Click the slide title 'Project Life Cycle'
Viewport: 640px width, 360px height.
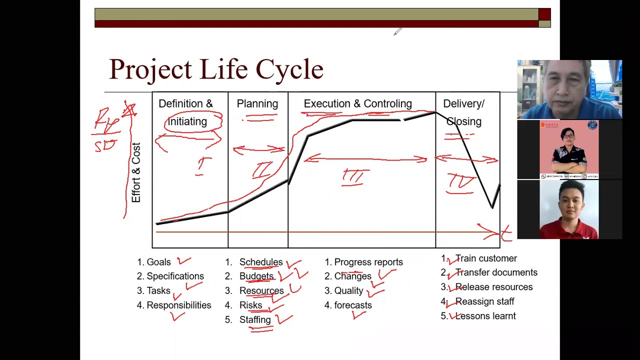[216, 69]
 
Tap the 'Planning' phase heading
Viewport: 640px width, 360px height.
[257, 104]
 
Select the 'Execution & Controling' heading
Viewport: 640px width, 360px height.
[357, 104]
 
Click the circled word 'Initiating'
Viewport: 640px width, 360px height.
[187, 121]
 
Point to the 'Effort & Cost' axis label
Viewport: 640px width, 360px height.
[136, 173]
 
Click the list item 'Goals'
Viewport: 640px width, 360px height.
[158, 262]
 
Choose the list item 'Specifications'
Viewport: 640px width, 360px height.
[175, 276]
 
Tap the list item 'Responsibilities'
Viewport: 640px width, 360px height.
[178, 305]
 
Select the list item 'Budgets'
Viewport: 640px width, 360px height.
[256, 276]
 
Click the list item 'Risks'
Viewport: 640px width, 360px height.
[250, 305]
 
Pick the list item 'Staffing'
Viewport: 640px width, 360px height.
[255, 319]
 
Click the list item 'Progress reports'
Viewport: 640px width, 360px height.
[368, 262]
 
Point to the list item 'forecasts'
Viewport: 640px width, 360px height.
[353, 305]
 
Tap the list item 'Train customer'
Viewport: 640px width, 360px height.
[485, 258]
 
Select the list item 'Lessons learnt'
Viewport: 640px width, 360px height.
[485, 316]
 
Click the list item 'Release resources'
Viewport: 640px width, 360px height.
[493, 287]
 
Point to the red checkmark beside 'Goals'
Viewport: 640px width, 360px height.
[183, 260]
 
